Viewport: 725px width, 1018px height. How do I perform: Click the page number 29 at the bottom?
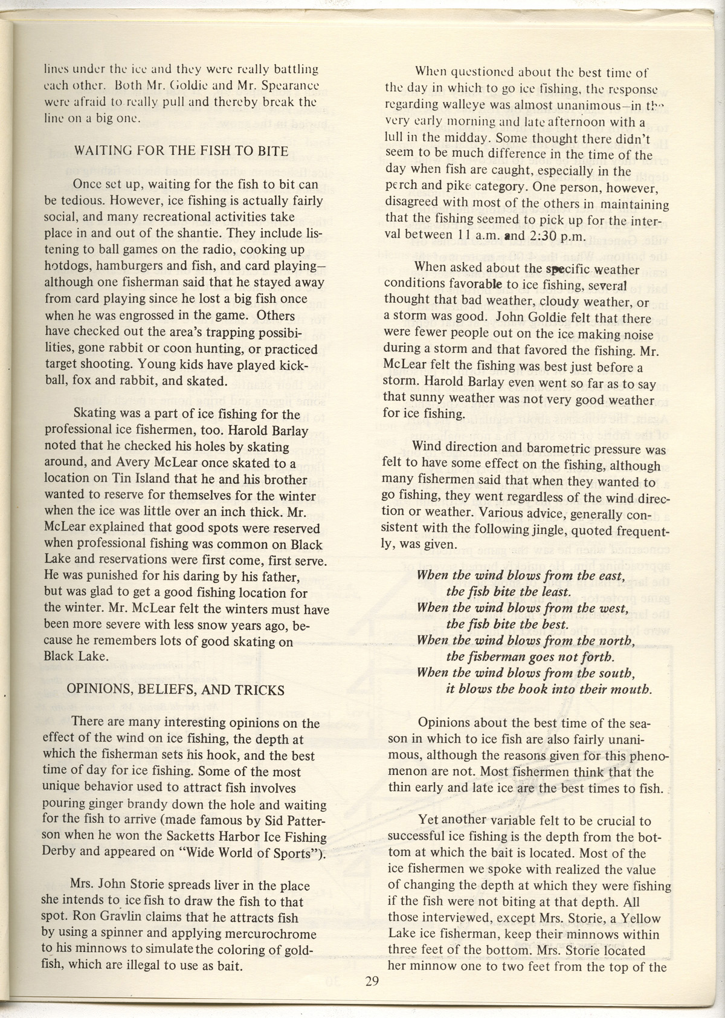[372, 982]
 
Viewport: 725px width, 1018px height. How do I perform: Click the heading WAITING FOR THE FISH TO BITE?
[181, 151]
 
